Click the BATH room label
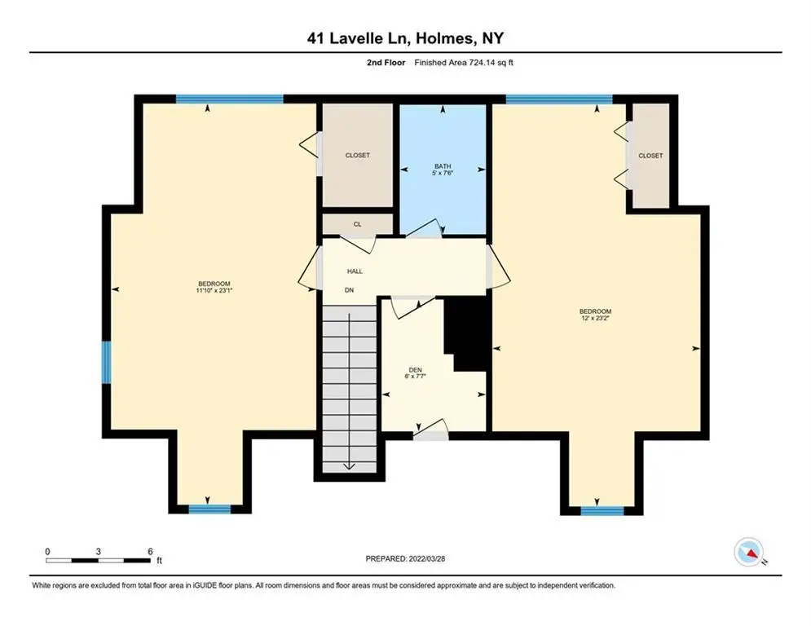click(x=443, y=166)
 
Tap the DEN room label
click(x=416, y=370)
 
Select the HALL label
click(x=355, y=271)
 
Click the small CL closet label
click(x=357, y=224)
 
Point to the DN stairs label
click(x=349, y=290)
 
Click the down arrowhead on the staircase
click(x=349, y=466)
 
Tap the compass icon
click(x=749, y=553)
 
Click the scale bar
click(x=99, y=560)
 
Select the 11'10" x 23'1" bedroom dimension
click(x=214, y=291)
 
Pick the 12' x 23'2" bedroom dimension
click(x=595, y=318)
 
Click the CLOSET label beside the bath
click(x=357, y=155)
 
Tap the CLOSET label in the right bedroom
click(x=650, y=156)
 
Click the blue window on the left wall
click(x=106, y=362)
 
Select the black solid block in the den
click(x=465, y=335)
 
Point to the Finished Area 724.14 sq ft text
click(x=464, y=63)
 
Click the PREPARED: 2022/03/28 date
click(x=405, y=558)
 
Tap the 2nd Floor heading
click(x=386, y=63)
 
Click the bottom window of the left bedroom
click(x=209, y=509)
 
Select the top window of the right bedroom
click(x=559, y=99)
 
